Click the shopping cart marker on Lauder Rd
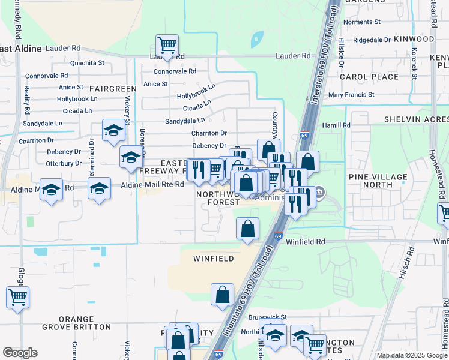click(167, 45)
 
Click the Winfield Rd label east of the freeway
click(305, 242)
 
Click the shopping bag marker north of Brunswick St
click(222, 295)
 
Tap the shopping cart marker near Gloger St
click(18, 297)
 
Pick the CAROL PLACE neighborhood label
click(369, 77)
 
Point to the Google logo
click(20, 353)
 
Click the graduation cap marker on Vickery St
click(131, 157)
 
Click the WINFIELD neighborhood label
click(213, 259)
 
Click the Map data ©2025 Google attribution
click(412, 355)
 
